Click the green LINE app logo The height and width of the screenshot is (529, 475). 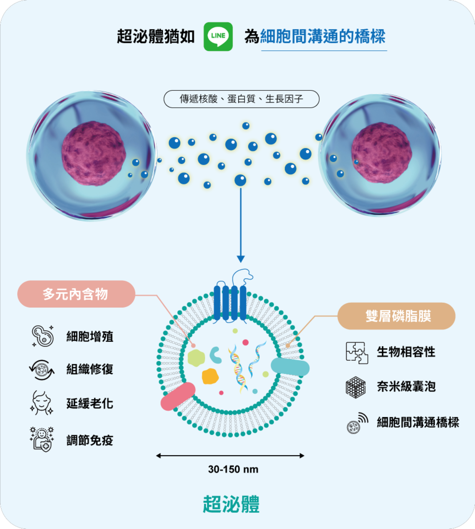pyautogui.click(x=218, y=36)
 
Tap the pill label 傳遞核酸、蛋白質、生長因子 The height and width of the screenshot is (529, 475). pyautogui.click(x=241, y=99)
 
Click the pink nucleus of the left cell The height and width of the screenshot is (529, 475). pyautogui.click(x=94, y=154)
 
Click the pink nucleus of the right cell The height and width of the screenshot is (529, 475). pyautogui.click(x=382, y=153)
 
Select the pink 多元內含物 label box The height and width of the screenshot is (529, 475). pyautogui.click(x=76, y=294)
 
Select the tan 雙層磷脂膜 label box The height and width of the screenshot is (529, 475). pyautogui.click(x=396, y=316)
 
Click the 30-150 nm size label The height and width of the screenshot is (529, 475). pyautogui.click(x=233, y=469)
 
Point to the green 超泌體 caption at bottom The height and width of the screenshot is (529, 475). pyautogui.click(x=231, y=504)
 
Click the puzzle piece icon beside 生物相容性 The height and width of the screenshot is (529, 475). pyautogui.click(x=357, y=353)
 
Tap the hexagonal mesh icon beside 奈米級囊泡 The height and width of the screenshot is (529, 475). pyautogui.click(x=356, y=387)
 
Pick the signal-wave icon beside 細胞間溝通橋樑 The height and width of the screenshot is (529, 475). pyautogui.click(x=357, y=423)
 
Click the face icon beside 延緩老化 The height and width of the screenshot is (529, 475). pyautogui.click(x=41, y=403)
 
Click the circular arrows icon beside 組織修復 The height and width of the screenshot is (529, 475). pyautogui.click(x=42, y=370)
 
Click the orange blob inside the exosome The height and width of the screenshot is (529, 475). pyautogui.click(x=210, y=376)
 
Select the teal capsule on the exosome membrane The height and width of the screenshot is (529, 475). pyautogui.click(x=290, y=367)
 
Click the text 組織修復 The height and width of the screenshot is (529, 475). pyautogui.click(x=90, y=370)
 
